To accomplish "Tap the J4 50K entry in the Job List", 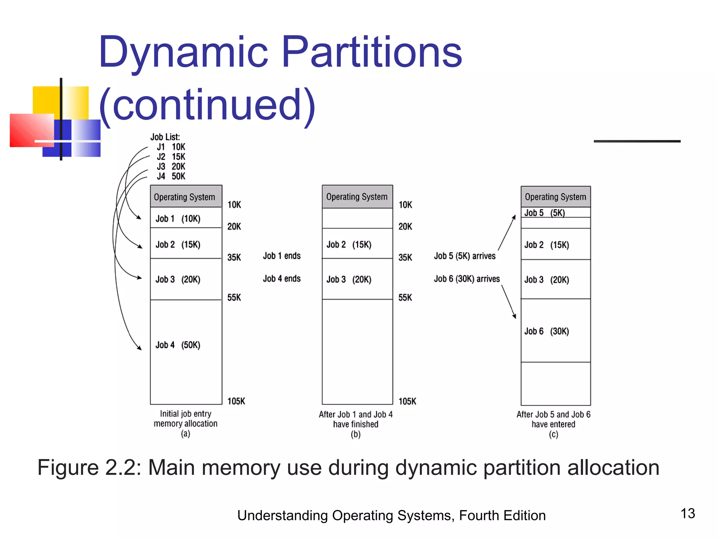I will [x=171, y=176].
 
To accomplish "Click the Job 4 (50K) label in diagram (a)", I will [x=178, y=345].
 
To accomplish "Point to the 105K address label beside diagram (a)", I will [x=236, y=401].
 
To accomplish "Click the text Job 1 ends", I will [x=282, y=256].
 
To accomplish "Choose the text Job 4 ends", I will [x=282, y=279].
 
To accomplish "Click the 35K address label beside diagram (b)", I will [x=405, y=258].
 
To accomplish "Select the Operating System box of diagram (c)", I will [x=555, y=197].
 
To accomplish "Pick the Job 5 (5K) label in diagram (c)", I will [x=545, y=213].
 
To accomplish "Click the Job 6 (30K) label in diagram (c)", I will [x=547, y=331].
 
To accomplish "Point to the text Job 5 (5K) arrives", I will [x=465, y=256].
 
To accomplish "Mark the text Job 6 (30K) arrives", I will [x=467, y=279].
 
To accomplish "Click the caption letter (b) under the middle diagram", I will [x=355, y=434].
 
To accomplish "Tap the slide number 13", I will [x=688, y=513].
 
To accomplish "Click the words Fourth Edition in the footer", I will [x=502, y=515].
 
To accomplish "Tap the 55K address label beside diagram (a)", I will [x=234, y=298].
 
